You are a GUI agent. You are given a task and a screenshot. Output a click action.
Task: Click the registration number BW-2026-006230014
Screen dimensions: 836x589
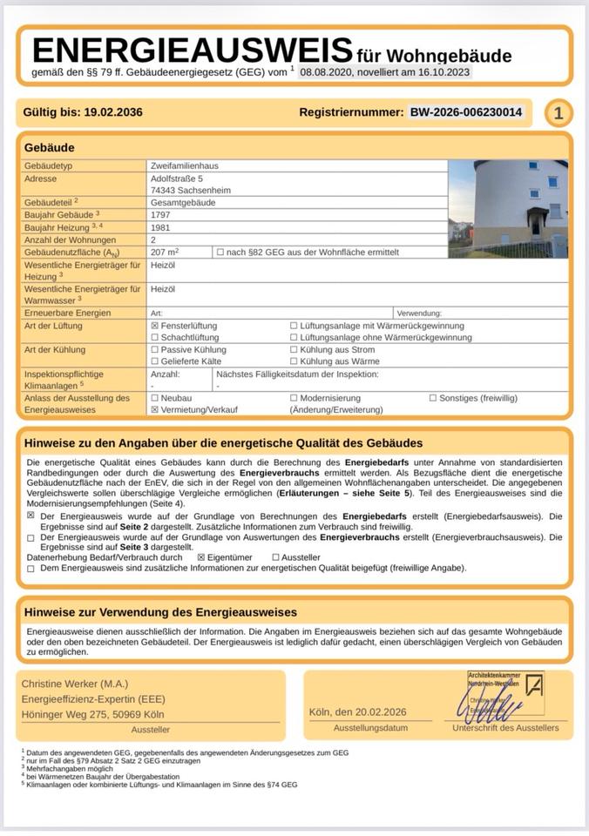coord(466,112)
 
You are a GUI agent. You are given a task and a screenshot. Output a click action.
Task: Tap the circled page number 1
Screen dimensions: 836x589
coord(559,113)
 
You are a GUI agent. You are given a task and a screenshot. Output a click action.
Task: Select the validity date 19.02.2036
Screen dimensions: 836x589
coord(113,112)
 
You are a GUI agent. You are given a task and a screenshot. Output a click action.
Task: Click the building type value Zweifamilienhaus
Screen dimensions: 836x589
coord(184,165)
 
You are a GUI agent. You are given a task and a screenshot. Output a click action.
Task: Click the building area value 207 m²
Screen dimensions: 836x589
coord(166,252)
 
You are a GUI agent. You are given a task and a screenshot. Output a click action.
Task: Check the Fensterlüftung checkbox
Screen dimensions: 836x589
coord(155,326)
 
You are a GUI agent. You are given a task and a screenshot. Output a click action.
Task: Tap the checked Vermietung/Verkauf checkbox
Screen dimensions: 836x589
coord(155,408)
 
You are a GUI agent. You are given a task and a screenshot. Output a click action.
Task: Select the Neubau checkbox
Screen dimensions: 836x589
coord(155,397)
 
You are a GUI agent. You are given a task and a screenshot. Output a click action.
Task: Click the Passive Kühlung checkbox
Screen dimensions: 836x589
coord(155,349)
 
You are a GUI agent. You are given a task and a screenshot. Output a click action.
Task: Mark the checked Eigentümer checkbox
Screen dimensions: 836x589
coord(201,556)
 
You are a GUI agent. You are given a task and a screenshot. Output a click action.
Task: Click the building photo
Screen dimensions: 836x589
coord(507,208)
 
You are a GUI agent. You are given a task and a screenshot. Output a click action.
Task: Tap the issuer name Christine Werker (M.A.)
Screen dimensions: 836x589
coord(74,684)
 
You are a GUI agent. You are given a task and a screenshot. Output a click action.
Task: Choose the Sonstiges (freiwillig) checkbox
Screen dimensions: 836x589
coord(433,397)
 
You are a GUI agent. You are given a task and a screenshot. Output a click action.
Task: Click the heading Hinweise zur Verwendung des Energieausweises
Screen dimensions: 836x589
coord(160,612)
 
